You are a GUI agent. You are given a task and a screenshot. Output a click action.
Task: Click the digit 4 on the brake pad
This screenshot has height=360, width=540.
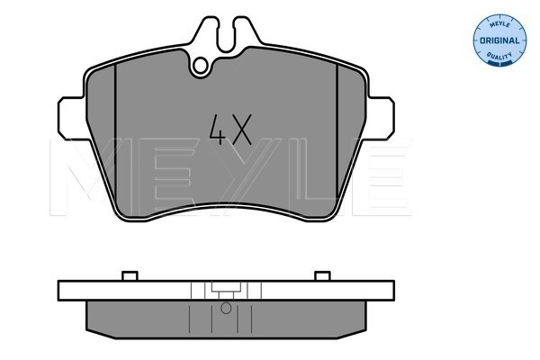[x=218, y=130]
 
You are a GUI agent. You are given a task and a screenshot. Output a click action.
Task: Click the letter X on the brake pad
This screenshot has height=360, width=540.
[x=241, y=130]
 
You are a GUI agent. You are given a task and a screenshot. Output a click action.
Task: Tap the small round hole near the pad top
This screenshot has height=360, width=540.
[x=200, y=66]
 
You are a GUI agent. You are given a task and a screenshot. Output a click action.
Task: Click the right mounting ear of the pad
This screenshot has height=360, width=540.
[x=380, y=118]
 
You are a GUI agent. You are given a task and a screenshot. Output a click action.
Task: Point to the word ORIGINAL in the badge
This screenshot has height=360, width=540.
[x=499, y=40]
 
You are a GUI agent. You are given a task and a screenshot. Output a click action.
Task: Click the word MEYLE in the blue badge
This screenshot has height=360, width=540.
[x=499, y=24]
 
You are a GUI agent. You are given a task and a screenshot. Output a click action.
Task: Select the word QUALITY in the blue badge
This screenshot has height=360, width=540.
[x=499, y=56]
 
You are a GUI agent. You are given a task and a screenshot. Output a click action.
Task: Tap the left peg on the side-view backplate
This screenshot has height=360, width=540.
[x=130, y=276]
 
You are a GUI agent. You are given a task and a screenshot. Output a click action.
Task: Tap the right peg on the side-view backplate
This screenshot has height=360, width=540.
[x=322, y=276]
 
